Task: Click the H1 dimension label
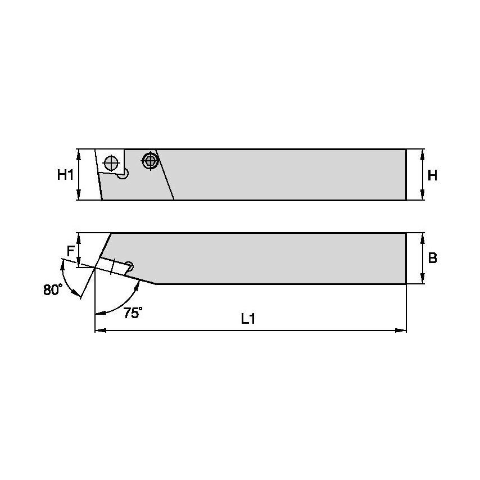point(65,175)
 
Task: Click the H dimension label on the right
point(432,175)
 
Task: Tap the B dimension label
point(432,258)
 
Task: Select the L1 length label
point(248,319)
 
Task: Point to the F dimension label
point(70,251)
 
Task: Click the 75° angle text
point(132,314)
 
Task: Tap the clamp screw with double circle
point(150,161)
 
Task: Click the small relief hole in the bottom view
point(130,265)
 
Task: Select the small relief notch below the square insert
point(125,175)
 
